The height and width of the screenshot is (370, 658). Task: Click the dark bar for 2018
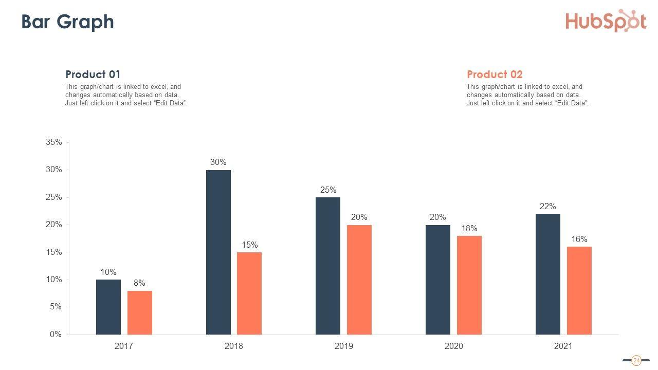[218, 252]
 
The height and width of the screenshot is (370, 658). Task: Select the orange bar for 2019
[359, 280]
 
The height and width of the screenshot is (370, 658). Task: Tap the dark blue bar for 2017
[108, 307]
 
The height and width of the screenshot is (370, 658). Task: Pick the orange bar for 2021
[579, 290]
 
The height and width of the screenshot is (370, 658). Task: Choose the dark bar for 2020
[437, 280]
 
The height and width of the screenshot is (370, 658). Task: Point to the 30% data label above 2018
[218, 162]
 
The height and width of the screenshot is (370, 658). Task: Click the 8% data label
[139, 283]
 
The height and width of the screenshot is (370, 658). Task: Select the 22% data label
[547, 207]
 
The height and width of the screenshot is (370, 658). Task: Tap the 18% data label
[469, 228]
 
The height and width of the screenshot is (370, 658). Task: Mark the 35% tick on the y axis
[54, 142]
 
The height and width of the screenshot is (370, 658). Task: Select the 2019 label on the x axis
[343, 346]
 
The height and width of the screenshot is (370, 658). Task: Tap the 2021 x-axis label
[563, 346]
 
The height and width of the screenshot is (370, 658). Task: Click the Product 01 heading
[93, 75]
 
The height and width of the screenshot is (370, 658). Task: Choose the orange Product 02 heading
[495, 75]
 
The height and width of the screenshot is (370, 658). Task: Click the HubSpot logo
[606, 21]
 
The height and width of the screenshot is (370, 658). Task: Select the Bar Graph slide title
[67, 22]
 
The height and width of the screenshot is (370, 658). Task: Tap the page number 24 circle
[636, 360]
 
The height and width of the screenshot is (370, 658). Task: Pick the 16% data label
[579, 239]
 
